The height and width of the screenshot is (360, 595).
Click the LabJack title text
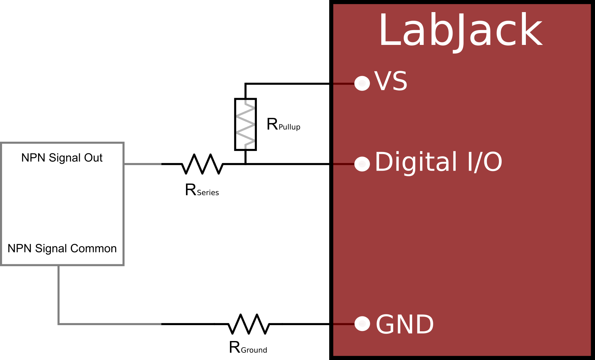point(461,30)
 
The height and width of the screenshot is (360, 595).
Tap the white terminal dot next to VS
point(362,83)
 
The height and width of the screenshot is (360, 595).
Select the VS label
point(391,82)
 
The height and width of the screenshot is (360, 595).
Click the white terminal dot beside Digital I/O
point(362,164)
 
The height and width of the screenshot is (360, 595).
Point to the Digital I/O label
point(438,162)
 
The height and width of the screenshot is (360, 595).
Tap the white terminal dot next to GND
point(362,324)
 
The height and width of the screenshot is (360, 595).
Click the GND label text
point(405,324)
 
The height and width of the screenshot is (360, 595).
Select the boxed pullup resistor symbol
point(245,124)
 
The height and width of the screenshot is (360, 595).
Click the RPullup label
point(283,124)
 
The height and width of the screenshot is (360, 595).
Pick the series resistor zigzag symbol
point(203,164)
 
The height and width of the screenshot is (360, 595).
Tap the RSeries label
point(202,190)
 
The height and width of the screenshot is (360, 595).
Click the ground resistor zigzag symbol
point(249,324)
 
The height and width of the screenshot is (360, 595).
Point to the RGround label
point(248,348)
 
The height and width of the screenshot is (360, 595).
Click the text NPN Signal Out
point(62,158)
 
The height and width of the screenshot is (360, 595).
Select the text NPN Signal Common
point(62,248)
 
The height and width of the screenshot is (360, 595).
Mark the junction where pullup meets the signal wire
point(245,164)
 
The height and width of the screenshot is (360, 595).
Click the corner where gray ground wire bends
point(59,324)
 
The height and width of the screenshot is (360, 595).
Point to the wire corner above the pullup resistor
point(245,84)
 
